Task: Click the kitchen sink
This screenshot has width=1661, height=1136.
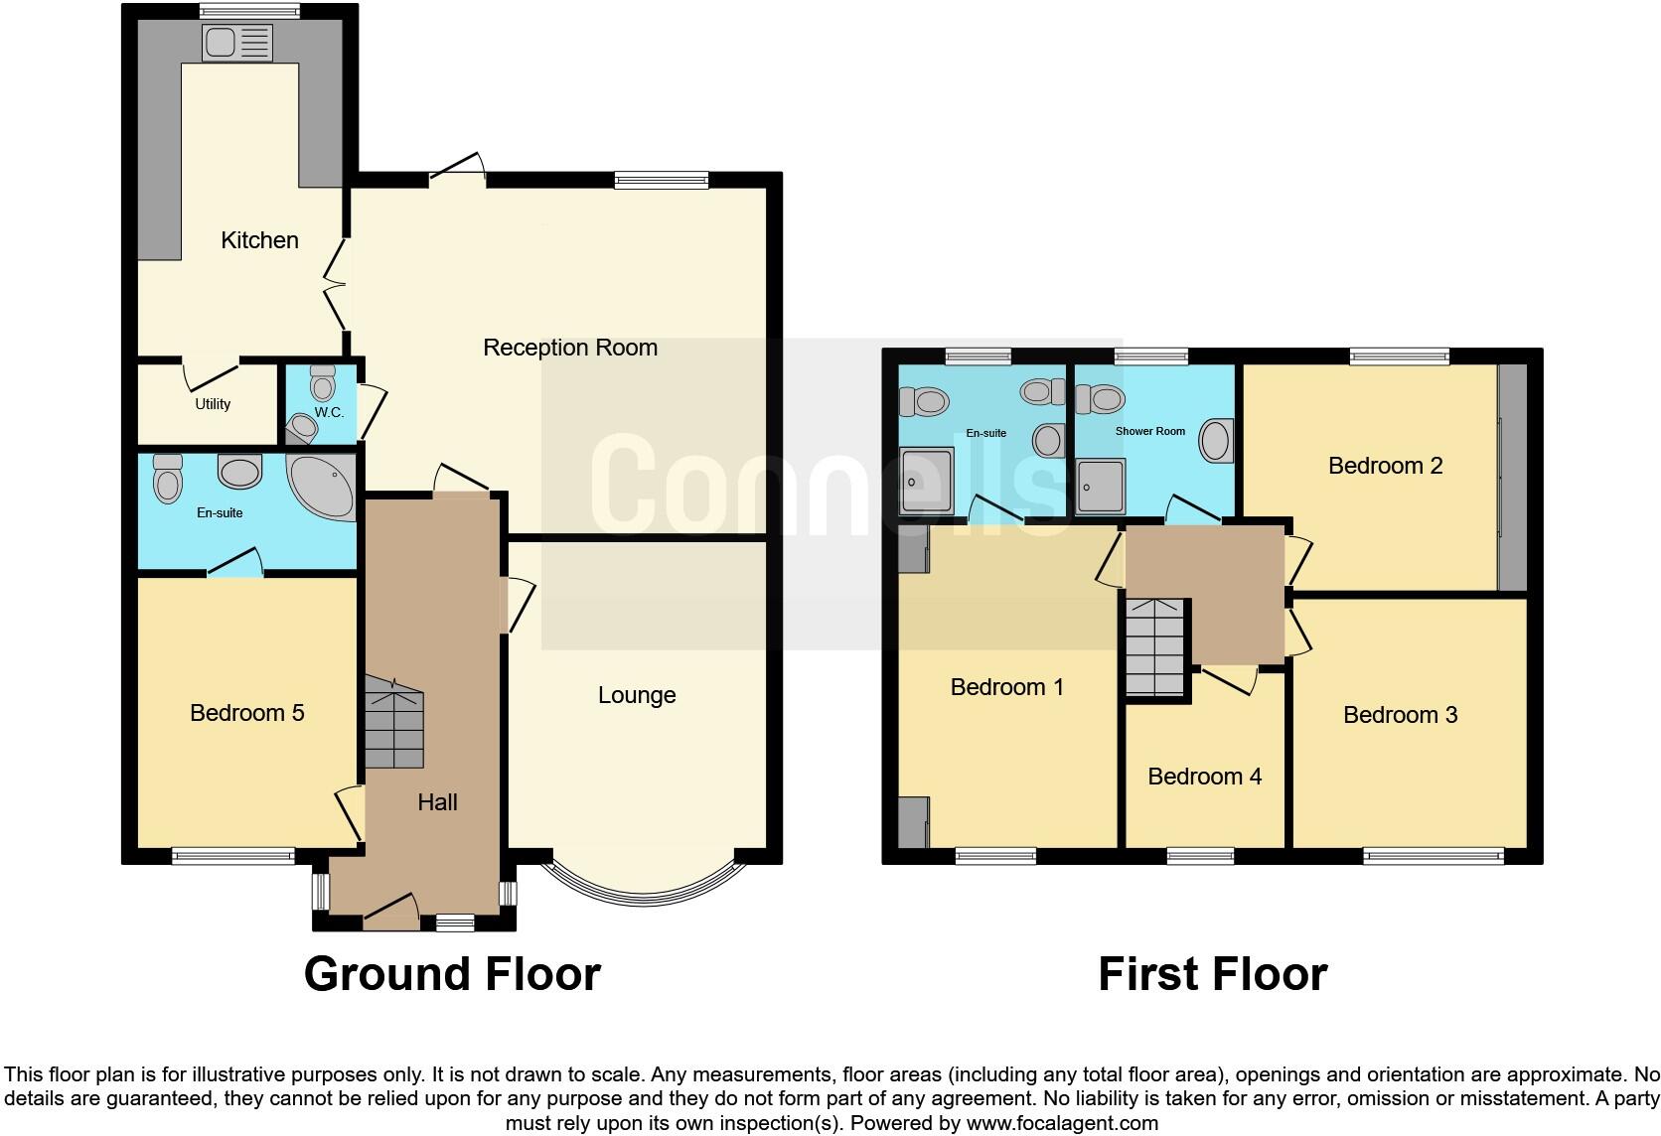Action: pyautogui.click(x=236, y=43)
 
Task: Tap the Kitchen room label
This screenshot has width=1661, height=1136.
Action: pyautogui.click(x=259, y=240)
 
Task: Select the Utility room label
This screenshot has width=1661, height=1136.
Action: pyautogui.click(x=213, y=404)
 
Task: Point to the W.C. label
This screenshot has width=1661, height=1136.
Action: pyautogui.click(x=329, y=412)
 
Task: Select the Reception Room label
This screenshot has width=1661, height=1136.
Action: pyautogui.click(x=570, y=348)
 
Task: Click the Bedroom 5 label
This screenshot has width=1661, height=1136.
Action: pyautogui.click(x=247, y=713)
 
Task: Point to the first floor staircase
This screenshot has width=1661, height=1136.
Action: pyautogui.click(x=1156, y=647)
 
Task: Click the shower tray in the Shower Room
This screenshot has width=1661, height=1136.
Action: pyautogui.click(x=1101, y=487)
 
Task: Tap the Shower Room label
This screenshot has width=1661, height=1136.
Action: pyautogui.click(x=1149, y=432)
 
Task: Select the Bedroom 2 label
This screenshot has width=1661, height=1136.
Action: pyautogui.click(x=1385, y=466)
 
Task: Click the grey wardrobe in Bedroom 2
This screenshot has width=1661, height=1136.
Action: pyautogui.click(x=1512, y=478)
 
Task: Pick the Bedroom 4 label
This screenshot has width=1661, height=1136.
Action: pyautogui.click(x=1204, y=777)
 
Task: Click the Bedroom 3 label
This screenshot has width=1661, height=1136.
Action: pyautogui.click(x=1400, y=715)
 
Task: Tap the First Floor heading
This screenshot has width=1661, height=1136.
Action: pyautogui.click(x=1212, y=974)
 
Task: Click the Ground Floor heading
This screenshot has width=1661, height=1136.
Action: pyautogui.click(x=452, y=974)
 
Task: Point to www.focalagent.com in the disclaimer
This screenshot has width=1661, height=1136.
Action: pyautogui.click(x=1061, y=1124)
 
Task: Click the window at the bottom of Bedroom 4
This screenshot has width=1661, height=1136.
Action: pyautogui.click(x=1200, y=855)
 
